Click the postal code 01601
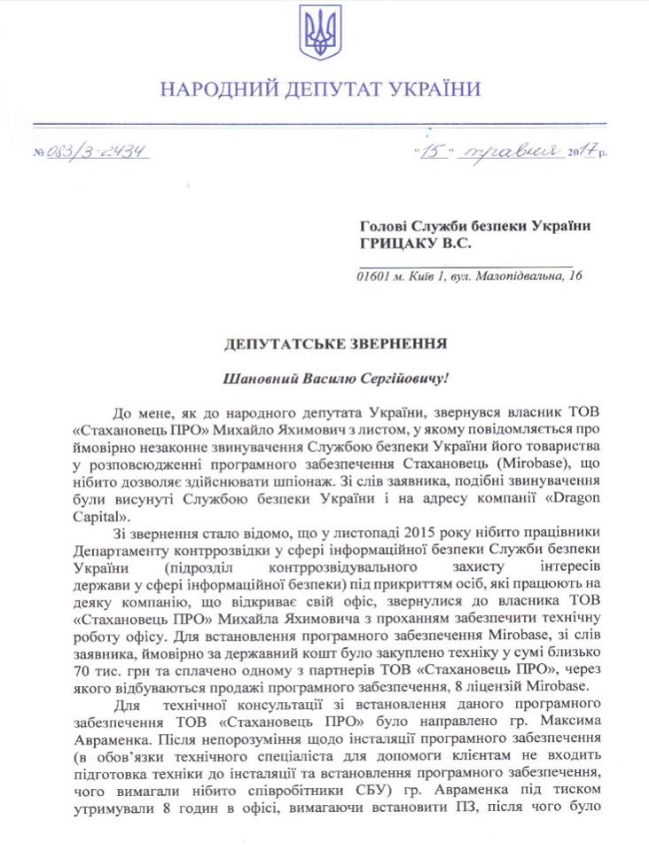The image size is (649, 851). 373,277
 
